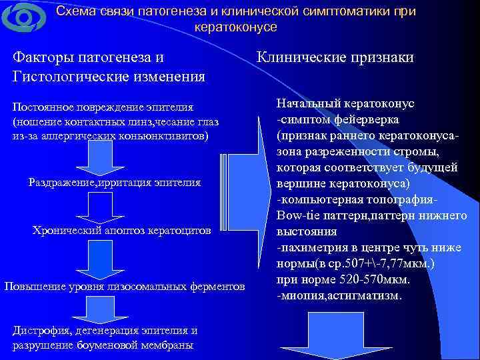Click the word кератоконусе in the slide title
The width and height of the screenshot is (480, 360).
click(x=235, y=27)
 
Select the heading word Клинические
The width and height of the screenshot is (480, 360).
click(x=299, y=58)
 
